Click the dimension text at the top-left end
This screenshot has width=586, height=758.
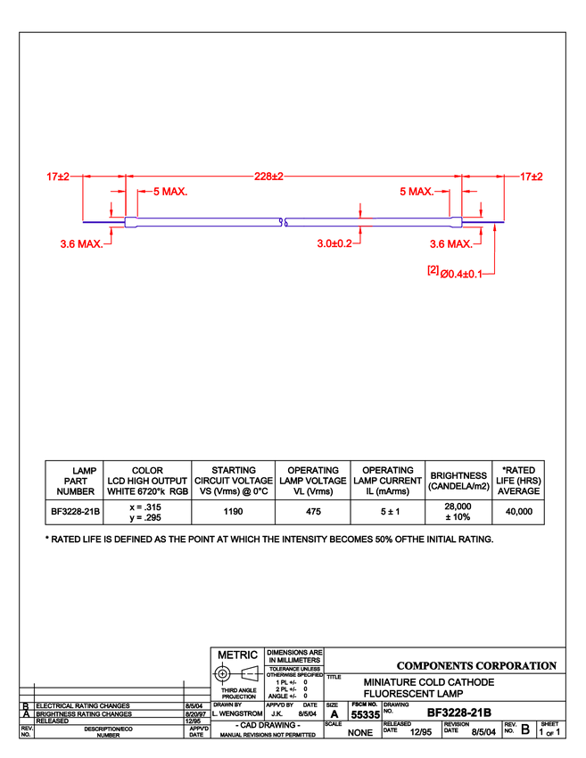(x=58, y=176)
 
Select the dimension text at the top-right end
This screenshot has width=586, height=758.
(x=532, y=176)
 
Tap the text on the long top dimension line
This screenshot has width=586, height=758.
(x=268, y=176)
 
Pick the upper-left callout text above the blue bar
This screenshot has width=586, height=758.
(x=169, y=191)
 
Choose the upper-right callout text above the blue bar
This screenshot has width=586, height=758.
(x=416, y=191)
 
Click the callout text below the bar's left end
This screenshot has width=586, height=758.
(x=81, y=243)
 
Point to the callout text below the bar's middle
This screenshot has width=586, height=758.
(x=334, y=243)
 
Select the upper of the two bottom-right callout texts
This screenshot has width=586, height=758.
(x=450, y=243)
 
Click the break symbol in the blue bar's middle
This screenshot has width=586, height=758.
(x=281, y=222)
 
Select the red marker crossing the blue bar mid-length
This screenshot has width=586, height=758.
(x=359, y=221)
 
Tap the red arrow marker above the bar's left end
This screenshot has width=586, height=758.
(x=111, y=211)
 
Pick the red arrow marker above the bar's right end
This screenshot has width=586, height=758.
(x=481, y=211)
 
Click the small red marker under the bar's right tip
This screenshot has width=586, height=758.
(x=494, y=230)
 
